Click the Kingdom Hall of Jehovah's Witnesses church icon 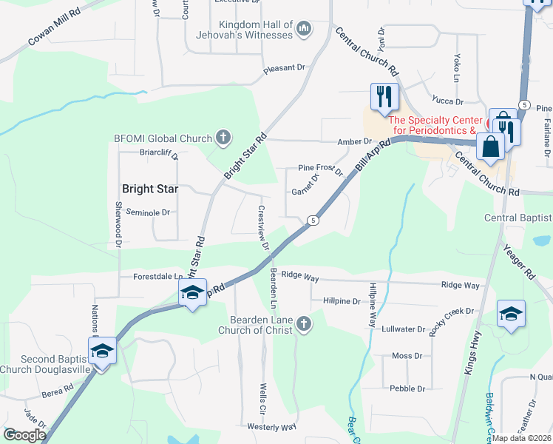pyautogui.click(x=303, y=29)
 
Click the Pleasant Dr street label pyautogui.click(x=285, y=68)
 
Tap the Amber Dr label pyautogui.click(x=357, y=141)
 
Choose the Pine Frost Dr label pyautogui.click(x=321, y=168)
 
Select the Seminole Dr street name pyautogui.click(x=148, y=212)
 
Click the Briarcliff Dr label pyautogui.click(x=159, y=154)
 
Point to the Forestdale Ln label pyautogui.click(x=157, y=277)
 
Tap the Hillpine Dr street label pyautogui.click(x=342, y=301)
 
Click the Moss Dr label pyautogui.click(x=407, y=356)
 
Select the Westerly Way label pyautogui.click(x=271, y=427)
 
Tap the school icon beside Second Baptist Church pyautogui.click(x=102, y=350)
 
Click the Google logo pyautogui.click(x=24, y=436)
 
